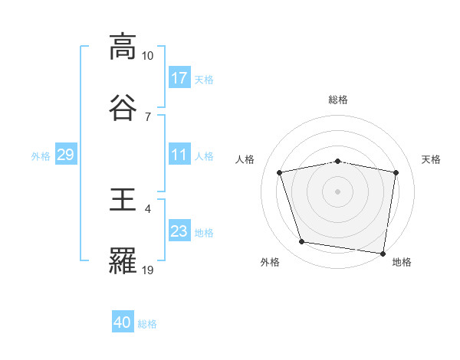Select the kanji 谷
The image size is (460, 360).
tap(123, 106)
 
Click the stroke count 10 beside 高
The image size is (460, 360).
tap(147, 56)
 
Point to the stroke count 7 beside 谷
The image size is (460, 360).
tap(147, 116)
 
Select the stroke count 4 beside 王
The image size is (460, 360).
tap(147, 208)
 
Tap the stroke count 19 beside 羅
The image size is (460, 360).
tap(147, 269)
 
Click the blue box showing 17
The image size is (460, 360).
tap(179, 78)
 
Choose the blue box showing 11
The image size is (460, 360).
tap(179, 155)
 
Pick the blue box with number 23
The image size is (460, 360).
tap(179, 231)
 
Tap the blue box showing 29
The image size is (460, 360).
tap(65, 155)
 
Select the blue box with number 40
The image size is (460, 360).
tap(123, 323)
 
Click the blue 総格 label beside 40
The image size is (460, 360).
tap(147, 324)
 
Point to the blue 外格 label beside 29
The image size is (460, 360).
tap(41, 156)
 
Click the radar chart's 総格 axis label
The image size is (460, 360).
tap(338, 100)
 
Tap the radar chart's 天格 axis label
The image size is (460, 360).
tap(431, 159)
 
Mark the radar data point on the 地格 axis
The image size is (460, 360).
tap(383, 253)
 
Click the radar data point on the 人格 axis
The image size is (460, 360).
tap(280, 172)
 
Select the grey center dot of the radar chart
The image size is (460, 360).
tap(338, 191)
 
